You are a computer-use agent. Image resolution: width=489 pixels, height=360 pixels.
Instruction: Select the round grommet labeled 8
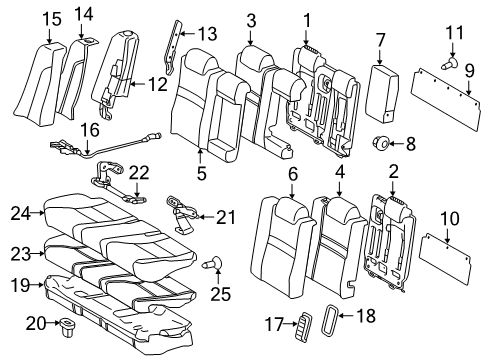click(381, 142)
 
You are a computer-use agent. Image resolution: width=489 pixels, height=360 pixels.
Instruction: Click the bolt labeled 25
click(213, 293)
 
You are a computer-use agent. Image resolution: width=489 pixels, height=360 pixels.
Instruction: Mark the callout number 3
click(250, 20)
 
